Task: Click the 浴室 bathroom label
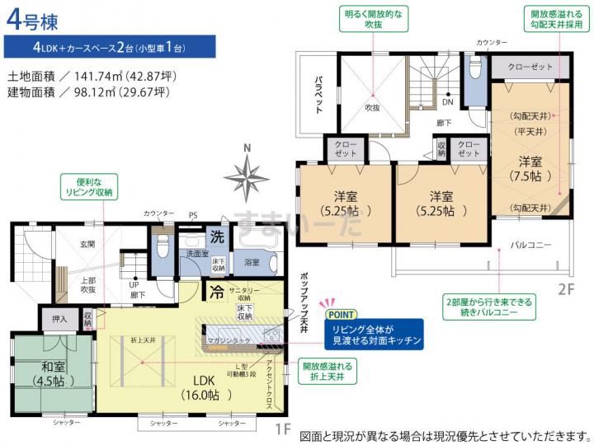tap(252, 262)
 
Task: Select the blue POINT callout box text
tap(375, 333)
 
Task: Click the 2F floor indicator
tap(565, 288)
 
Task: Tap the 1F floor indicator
tap(283, 429)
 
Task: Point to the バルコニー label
tap(530, 245)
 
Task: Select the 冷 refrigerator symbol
tap(215, 291)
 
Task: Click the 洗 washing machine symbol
tap(215, 235)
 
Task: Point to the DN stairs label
tap(447, 103)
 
